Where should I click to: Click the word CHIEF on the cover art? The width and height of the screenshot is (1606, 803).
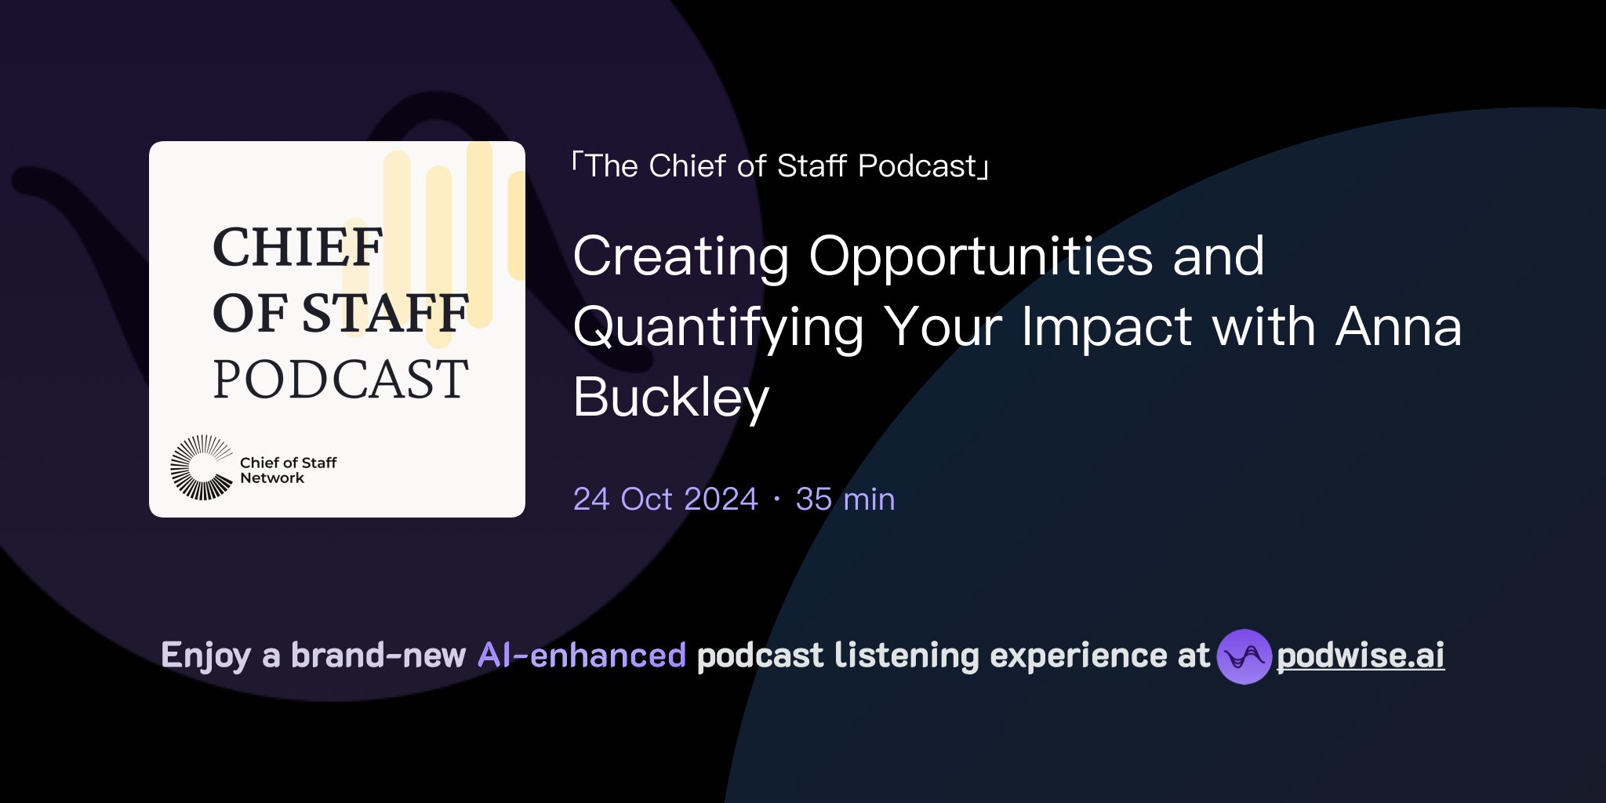coord(297,248)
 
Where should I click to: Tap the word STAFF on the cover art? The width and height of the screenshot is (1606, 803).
coord(385,314)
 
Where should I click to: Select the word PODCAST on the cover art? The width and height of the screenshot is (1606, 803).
coord(340,380)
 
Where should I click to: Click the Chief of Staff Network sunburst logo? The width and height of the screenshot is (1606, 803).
coord(202,467)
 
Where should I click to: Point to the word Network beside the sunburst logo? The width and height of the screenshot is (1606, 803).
coord(271,478)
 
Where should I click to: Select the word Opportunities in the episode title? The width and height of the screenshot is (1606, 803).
coord(980,256)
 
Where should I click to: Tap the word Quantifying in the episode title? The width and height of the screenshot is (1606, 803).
coord(718,327)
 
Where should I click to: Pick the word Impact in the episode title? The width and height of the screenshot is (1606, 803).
coord(1106,327)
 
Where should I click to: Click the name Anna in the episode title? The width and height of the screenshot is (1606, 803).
coord(1398,327)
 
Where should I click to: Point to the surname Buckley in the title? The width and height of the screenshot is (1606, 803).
coord(671,398)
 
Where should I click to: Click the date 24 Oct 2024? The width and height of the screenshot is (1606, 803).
coord(665,500)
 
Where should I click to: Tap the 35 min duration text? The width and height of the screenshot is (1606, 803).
coord(845,500)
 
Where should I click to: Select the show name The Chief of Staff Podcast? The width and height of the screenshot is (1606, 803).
coord(781,166)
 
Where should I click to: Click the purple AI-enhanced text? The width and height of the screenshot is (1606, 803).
coord(582,656)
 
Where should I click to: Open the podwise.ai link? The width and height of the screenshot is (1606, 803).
coord(1360,656)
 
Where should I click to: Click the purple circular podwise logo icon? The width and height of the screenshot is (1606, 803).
coord(1244,656)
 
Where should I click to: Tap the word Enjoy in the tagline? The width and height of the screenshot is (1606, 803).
coord(205,656)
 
